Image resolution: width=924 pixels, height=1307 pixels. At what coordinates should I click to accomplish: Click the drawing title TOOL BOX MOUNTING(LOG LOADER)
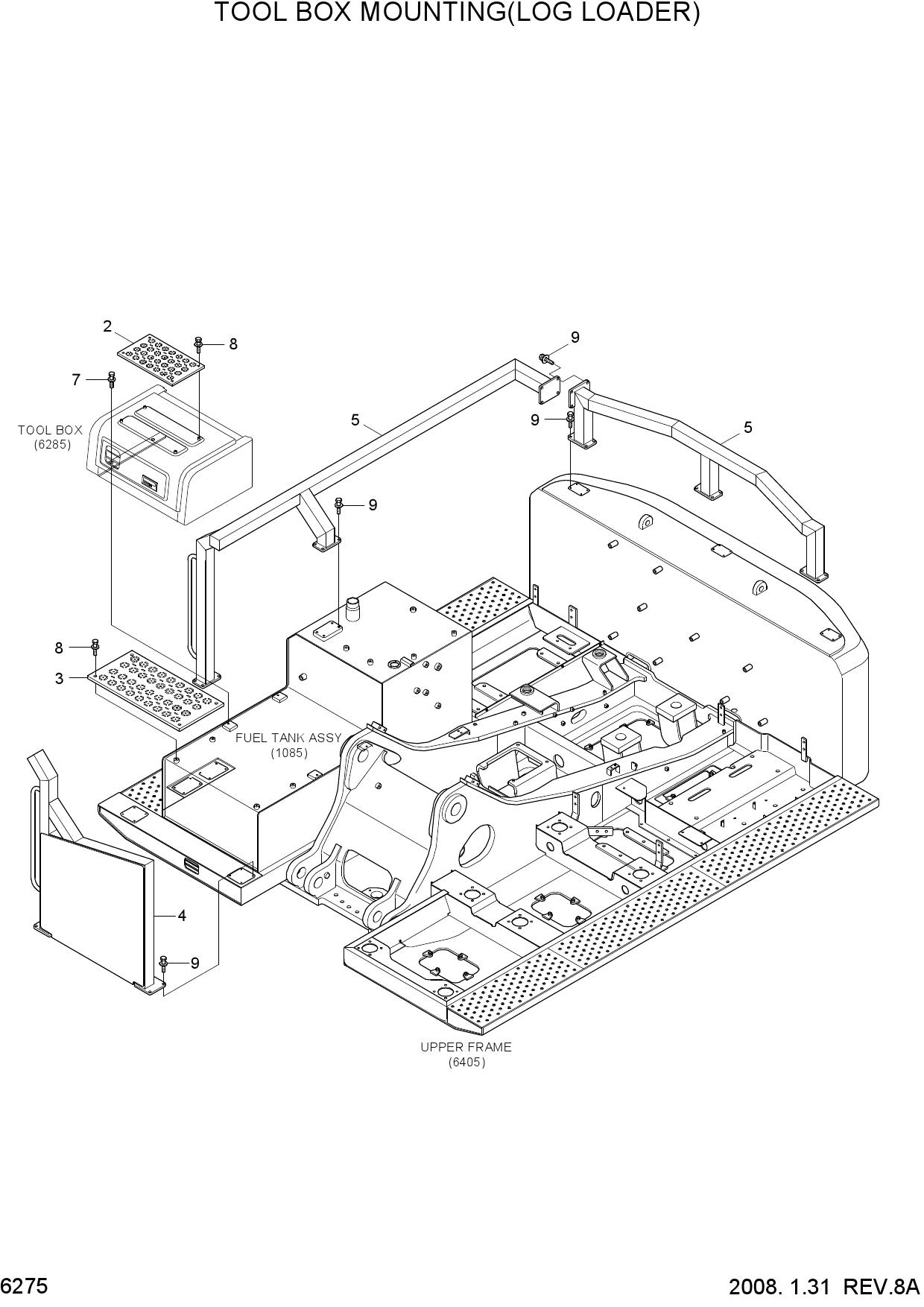(457, 14)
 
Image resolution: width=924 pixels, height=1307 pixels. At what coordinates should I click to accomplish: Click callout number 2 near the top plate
(107, 326)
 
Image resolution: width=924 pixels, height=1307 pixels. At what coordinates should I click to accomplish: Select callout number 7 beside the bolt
(76, 380)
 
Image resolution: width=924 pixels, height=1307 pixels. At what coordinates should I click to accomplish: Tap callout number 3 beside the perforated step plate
(59, 679)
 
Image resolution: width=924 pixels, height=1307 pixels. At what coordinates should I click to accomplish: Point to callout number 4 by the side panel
(182, 915)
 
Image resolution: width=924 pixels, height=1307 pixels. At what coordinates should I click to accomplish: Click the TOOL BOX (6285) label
(50, 437)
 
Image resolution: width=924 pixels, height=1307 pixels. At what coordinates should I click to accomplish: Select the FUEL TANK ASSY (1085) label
(288, 744)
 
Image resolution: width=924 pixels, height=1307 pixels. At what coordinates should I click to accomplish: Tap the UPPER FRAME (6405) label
(466, 1054)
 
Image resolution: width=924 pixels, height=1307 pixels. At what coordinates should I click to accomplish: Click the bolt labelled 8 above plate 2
(199, 344)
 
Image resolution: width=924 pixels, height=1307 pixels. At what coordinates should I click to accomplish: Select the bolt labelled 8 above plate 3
(95, 648)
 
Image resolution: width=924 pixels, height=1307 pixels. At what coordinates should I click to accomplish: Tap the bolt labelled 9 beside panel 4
(164, 963)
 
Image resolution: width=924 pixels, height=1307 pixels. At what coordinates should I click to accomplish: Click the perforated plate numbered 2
(160, 359)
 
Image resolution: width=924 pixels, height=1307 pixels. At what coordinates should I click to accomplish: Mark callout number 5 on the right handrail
(748, 428)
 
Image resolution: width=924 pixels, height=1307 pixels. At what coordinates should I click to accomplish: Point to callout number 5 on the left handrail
(355, 420)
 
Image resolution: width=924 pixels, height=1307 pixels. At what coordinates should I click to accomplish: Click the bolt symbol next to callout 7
(112, 379)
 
